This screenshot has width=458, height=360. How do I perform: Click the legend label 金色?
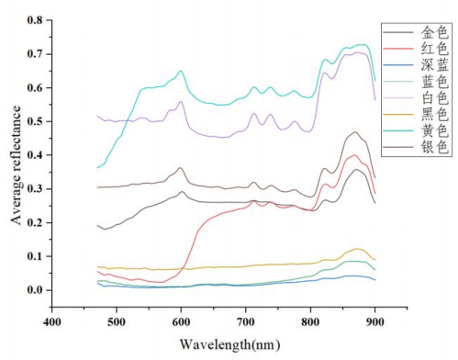click(434, 32)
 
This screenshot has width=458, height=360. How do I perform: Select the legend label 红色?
click(434, 49)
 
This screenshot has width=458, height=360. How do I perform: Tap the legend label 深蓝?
click(434, 65)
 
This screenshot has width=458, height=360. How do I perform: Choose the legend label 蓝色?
click(434, 82)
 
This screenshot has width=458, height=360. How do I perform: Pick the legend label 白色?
click(434, 98)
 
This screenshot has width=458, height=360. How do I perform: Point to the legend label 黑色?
click(434, 115)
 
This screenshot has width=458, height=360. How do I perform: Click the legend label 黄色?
click(434, 131)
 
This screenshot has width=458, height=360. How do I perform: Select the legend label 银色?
click(434, 148)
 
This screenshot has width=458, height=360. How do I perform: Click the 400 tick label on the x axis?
click(52, 322)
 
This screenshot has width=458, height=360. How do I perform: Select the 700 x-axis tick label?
click(246, 322)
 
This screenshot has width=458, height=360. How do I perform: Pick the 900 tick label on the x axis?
click(374, 322)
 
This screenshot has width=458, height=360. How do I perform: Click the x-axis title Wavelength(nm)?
click(229, 344)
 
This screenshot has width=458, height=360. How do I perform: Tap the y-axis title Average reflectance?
click(16, 165)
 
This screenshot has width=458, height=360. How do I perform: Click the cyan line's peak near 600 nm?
click(181, 71)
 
